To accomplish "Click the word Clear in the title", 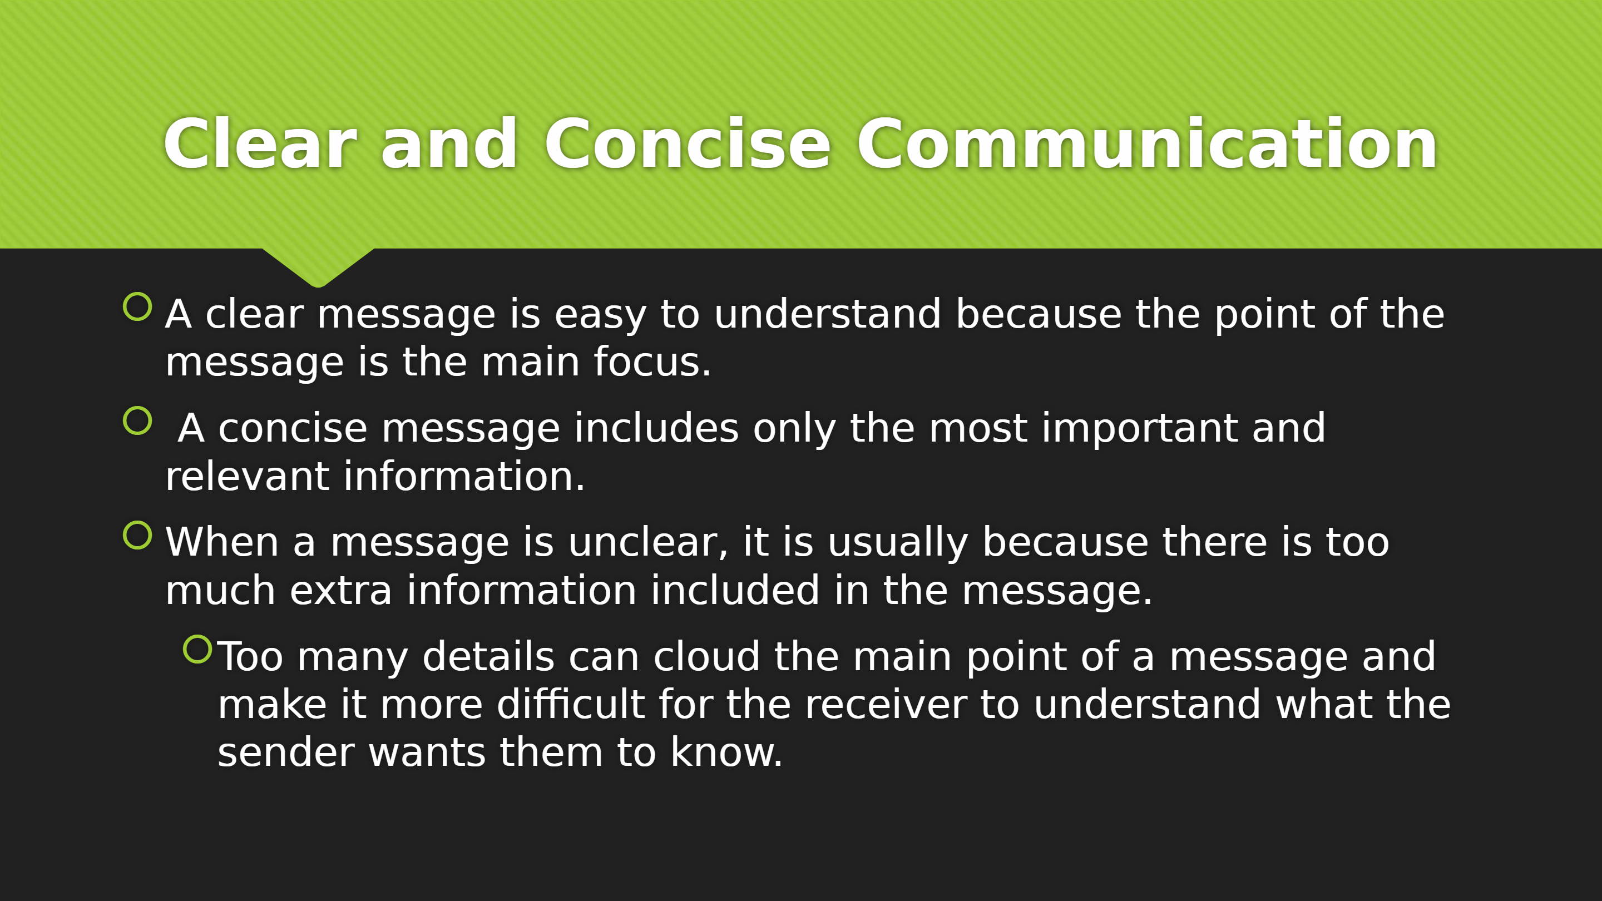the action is [260, 143].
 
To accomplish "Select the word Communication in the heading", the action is [1148, 143].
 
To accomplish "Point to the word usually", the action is [897, 543].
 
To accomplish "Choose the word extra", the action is [341, 590].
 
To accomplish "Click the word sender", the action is [286, 753].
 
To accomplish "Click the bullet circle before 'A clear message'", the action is [137, 306].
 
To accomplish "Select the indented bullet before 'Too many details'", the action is [198, 649].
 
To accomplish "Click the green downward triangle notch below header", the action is [318, 266].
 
